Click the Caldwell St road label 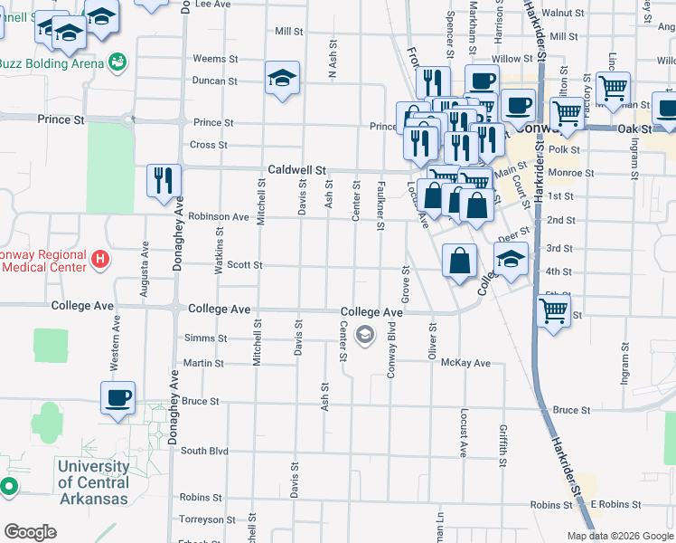tap(296, 170)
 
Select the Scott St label tap(244, 265)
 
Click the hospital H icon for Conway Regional tap(100, 261)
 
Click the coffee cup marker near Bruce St tap(118, 397)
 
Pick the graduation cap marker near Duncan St tap(283, 80)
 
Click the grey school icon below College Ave tap(365, 336)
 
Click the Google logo tap(30, 532)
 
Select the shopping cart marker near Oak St tap(568, 113)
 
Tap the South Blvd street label tap(204, 451)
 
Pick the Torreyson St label tap(207, 519)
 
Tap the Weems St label tap(210, 59)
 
